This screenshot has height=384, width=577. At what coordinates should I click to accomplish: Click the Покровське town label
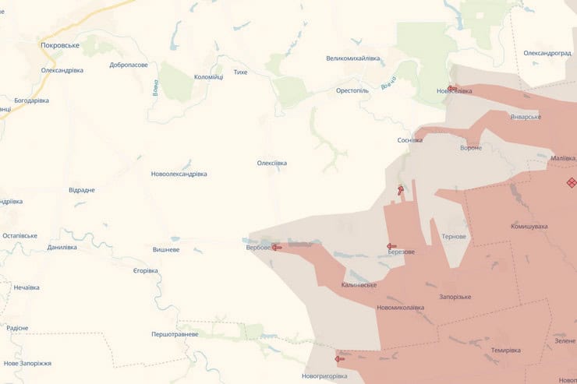[x=60, y=45]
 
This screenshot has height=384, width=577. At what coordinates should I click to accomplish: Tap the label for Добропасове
[x=129, y=65]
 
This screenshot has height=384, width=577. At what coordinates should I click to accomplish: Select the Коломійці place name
[x=208, y=76]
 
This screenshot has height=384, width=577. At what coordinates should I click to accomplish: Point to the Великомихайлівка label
[x=353, y=58]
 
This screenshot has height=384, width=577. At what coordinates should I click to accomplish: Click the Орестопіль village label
[x=352, y=90]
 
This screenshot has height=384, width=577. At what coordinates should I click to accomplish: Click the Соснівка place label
[x=410, y=140]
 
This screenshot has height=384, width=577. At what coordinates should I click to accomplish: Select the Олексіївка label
[x=272, y=163]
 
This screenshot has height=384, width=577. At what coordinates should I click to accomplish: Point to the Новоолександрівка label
[x=179, y=174]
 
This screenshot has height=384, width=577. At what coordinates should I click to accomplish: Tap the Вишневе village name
[x=166, y=250]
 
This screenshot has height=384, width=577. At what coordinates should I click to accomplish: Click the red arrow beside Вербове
[x=276, y=247]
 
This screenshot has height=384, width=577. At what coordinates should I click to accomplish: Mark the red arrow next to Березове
[x=391, y=247]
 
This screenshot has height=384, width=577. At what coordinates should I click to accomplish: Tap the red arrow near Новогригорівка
[x=339, y=359]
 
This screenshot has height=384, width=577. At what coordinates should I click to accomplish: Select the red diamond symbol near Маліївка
[x=571, y=182]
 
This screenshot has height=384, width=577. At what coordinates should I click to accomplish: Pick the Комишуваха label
[x=529, y=227]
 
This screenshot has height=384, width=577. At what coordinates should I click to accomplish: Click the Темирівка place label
[x=506, y=350]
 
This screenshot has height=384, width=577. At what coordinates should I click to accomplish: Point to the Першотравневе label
[x=175, y=334]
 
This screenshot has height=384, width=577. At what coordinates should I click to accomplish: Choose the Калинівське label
[x=359, y=285]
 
